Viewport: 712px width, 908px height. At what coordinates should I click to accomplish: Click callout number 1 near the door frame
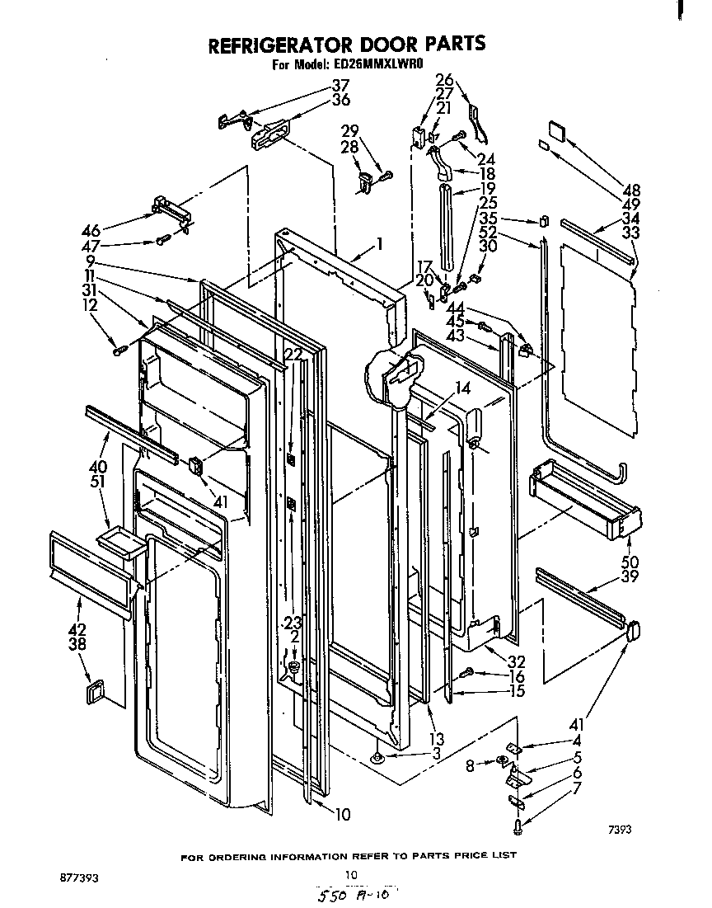click(x=379, y=243)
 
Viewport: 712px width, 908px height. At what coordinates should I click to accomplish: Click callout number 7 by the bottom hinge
click(x=578, y=788)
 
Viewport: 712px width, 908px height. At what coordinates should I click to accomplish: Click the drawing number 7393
click(x=621, y=830)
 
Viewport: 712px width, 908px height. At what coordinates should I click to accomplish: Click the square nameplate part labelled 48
click(x=555, y=129)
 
